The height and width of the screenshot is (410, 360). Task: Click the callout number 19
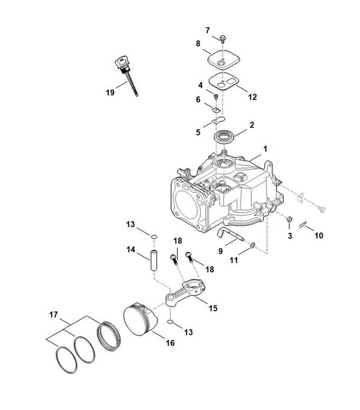[110, 92]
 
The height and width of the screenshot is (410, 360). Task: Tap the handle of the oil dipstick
[121, 62]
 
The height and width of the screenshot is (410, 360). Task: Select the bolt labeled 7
[223, 38]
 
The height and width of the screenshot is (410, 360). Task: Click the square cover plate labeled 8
[224, 60]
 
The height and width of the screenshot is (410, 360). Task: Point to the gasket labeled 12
[223, 81]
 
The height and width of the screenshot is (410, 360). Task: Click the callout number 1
[265, 149]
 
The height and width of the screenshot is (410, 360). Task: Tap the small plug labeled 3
[289, 219]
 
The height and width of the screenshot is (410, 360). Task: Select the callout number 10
[319, 235]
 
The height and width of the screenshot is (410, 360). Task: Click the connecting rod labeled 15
[185, 292]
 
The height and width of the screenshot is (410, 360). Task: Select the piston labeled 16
[140, 319]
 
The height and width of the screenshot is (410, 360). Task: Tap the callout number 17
[53, 315]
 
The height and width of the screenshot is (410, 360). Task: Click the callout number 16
[170, 343]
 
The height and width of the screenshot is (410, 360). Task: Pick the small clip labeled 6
[215, 110]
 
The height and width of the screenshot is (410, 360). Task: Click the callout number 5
[198, 132]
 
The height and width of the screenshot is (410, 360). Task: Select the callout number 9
[221, 251]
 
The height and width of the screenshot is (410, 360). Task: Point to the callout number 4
[200, 85]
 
